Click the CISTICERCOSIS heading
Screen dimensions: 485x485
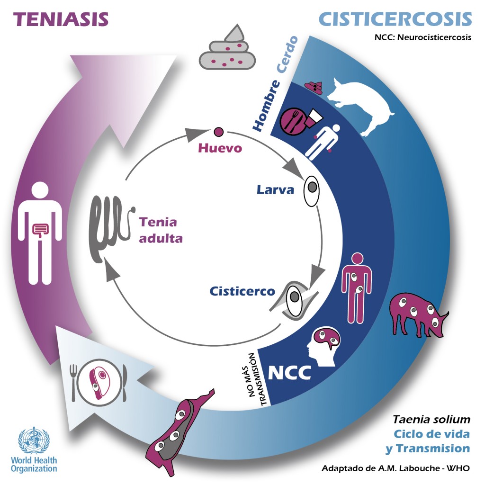pos(395,19)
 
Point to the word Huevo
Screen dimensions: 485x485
pos(220,148)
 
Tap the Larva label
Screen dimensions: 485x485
pos(276,190)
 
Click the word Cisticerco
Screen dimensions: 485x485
pos(242,291)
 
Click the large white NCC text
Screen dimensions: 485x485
pos(289,372)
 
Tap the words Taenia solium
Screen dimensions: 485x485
pos(431,419)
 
